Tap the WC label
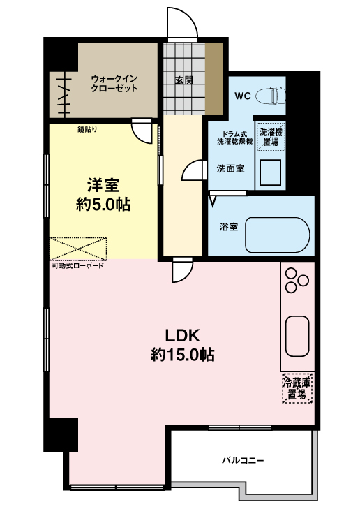pos(242,96)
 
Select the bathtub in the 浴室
pos(277,235)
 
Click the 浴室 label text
pos(228,227)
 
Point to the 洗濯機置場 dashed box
pos(269,136)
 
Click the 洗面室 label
pos(230,168)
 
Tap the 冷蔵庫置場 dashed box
pos(297,388)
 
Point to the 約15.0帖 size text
pos(182,355)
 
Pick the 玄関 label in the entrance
pos(184,80)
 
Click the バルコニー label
pos(243,460)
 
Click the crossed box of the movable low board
pos(79,248)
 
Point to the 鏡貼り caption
pos(87,129)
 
